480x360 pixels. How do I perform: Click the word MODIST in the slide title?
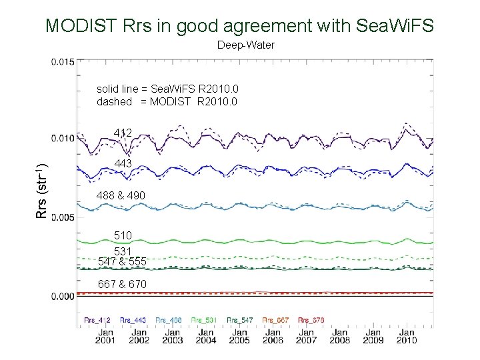tap(83, 26)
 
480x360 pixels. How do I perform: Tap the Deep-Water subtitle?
tap(245, 46)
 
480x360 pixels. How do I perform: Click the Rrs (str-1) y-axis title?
tap(41, 191)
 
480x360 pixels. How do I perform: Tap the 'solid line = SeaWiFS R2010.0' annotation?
tap(167, 89)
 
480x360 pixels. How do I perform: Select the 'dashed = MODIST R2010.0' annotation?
tap(167, 102)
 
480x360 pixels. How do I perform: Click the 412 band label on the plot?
tap(123, 133)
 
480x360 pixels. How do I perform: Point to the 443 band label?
tap(123, 163)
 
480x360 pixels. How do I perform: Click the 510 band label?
tap(123, 235)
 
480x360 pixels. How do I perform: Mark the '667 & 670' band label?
tap(123, 284)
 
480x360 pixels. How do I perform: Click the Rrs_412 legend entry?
tap(97, 320)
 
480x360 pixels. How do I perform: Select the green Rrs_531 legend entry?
tap(204, 320)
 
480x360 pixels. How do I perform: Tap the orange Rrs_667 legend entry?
tap(275, 320)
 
